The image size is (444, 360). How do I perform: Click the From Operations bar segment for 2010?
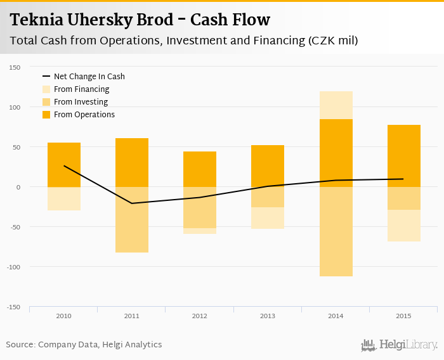coord(64,165)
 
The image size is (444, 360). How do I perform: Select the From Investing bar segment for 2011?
coord(132,219)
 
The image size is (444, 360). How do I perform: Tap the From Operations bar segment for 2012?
coord(200,169)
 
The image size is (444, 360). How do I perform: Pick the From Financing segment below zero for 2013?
coord(268,217)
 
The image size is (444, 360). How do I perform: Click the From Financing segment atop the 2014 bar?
coord(336,105)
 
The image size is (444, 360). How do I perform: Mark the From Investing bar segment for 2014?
coord(336,231)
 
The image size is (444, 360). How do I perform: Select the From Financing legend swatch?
coord(46,89)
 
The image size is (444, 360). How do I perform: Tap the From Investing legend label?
coord(81,102)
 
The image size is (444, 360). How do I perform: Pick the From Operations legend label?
coord(84,115)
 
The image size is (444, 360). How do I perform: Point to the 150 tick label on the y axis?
coord(15,67)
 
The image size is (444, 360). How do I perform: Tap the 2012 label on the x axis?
coord(200,316)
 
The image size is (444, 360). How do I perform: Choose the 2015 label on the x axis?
coord(404,316)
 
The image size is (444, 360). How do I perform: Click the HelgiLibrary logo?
coord(400,345)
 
